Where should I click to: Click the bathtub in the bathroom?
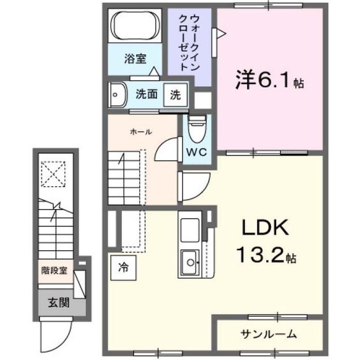pyautogui.click(x=135, y=25)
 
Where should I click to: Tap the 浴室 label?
pyautogui.click(x=135, y=58)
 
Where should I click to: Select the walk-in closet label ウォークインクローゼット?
pyautogui.click(x=189, y=43)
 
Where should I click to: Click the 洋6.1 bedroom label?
pyautogui.click(x=270, y=80)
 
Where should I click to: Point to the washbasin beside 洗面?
pyautogui.click(x=118, y=95)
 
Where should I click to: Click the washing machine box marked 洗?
pyautogui.click(x=175, y=95)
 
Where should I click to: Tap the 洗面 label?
pyautogui.click(x=146, y=94)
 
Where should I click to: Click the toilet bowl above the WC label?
pyautogui.click(x=197, y=129)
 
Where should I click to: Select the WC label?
pyautogui.click(x=196, y=152)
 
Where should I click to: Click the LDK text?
pyautogui.click(x=265, y=227)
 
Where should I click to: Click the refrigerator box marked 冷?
pyautogui.click(x=124, y=268)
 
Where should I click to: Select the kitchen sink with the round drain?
pyautogui.click(x=190, y=263)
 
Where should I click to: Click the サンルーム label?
pyautogui.click(x=269, y=334)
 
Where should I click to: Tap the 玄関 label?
pyautogui.click(x=58, y=303)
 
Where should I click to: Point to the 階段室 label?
pyautogui.click(x=54, y=271)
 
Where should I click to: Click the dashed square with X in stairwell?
pyautogui.click(x=53, y=174)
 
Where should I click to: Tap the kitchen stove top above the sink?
pyautogui.click(x=190, y=230)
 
